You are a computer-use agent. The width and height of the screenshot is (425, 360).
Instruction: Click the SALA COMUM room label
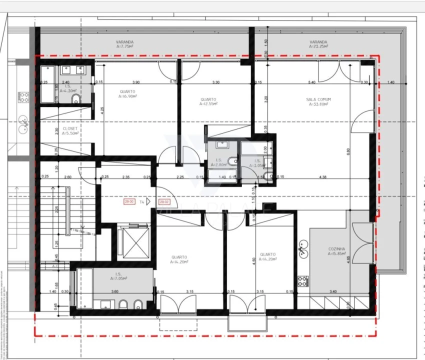318,99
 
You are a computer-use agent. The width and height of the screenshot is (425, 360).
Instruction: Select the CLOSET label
70,128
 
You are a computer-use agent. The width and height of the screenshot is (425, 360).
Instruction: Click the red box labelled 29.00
129,202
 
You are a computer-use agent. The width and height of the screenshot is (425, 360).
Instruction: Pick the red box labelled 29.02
164,202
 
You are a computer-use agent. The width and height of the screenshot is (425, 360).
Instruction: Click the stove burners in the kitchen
302,281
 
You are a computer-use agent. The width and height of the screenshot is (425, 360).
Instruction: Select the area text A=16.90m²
128,97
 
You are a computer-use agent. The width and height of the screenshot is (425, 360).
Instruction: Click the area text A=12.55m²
208,104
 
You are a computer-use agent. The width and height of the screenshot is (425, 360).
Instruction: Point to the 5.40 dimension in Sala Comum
312,82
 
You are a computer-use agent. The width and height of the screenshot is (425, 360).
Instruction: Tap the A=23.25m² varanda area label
318,46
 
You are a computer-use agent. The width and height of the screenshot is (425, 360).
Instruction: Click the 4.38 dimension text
323,176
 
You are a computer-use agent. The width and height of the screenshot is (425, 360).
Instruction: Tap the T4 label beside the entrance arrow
142,202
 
